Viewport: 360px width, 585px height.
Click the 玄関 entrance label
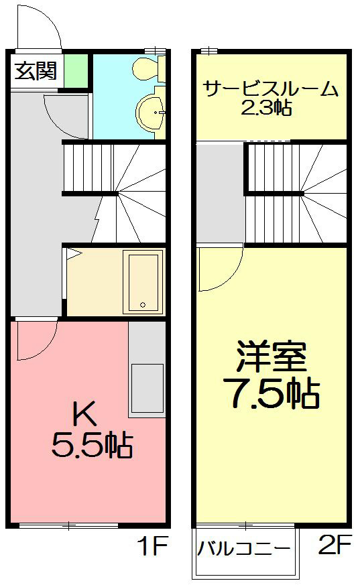pyautogui.click(x=36, y=70)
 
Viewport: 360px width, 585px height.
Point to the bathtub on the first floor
pyautogui.click(x=144, y=281)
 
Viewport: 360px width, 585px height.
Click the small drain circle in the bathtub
pyautogui.click(x=142, y=306)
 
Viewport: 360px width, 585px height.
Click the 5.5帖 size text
pyautogui.click(x=92, y=445)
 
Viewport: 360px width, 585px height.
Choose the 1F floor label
pyautogui.click(x=152, y=548)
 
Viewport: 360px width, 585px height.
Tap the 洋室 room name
pyautogui.click(x=272, y=359)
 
